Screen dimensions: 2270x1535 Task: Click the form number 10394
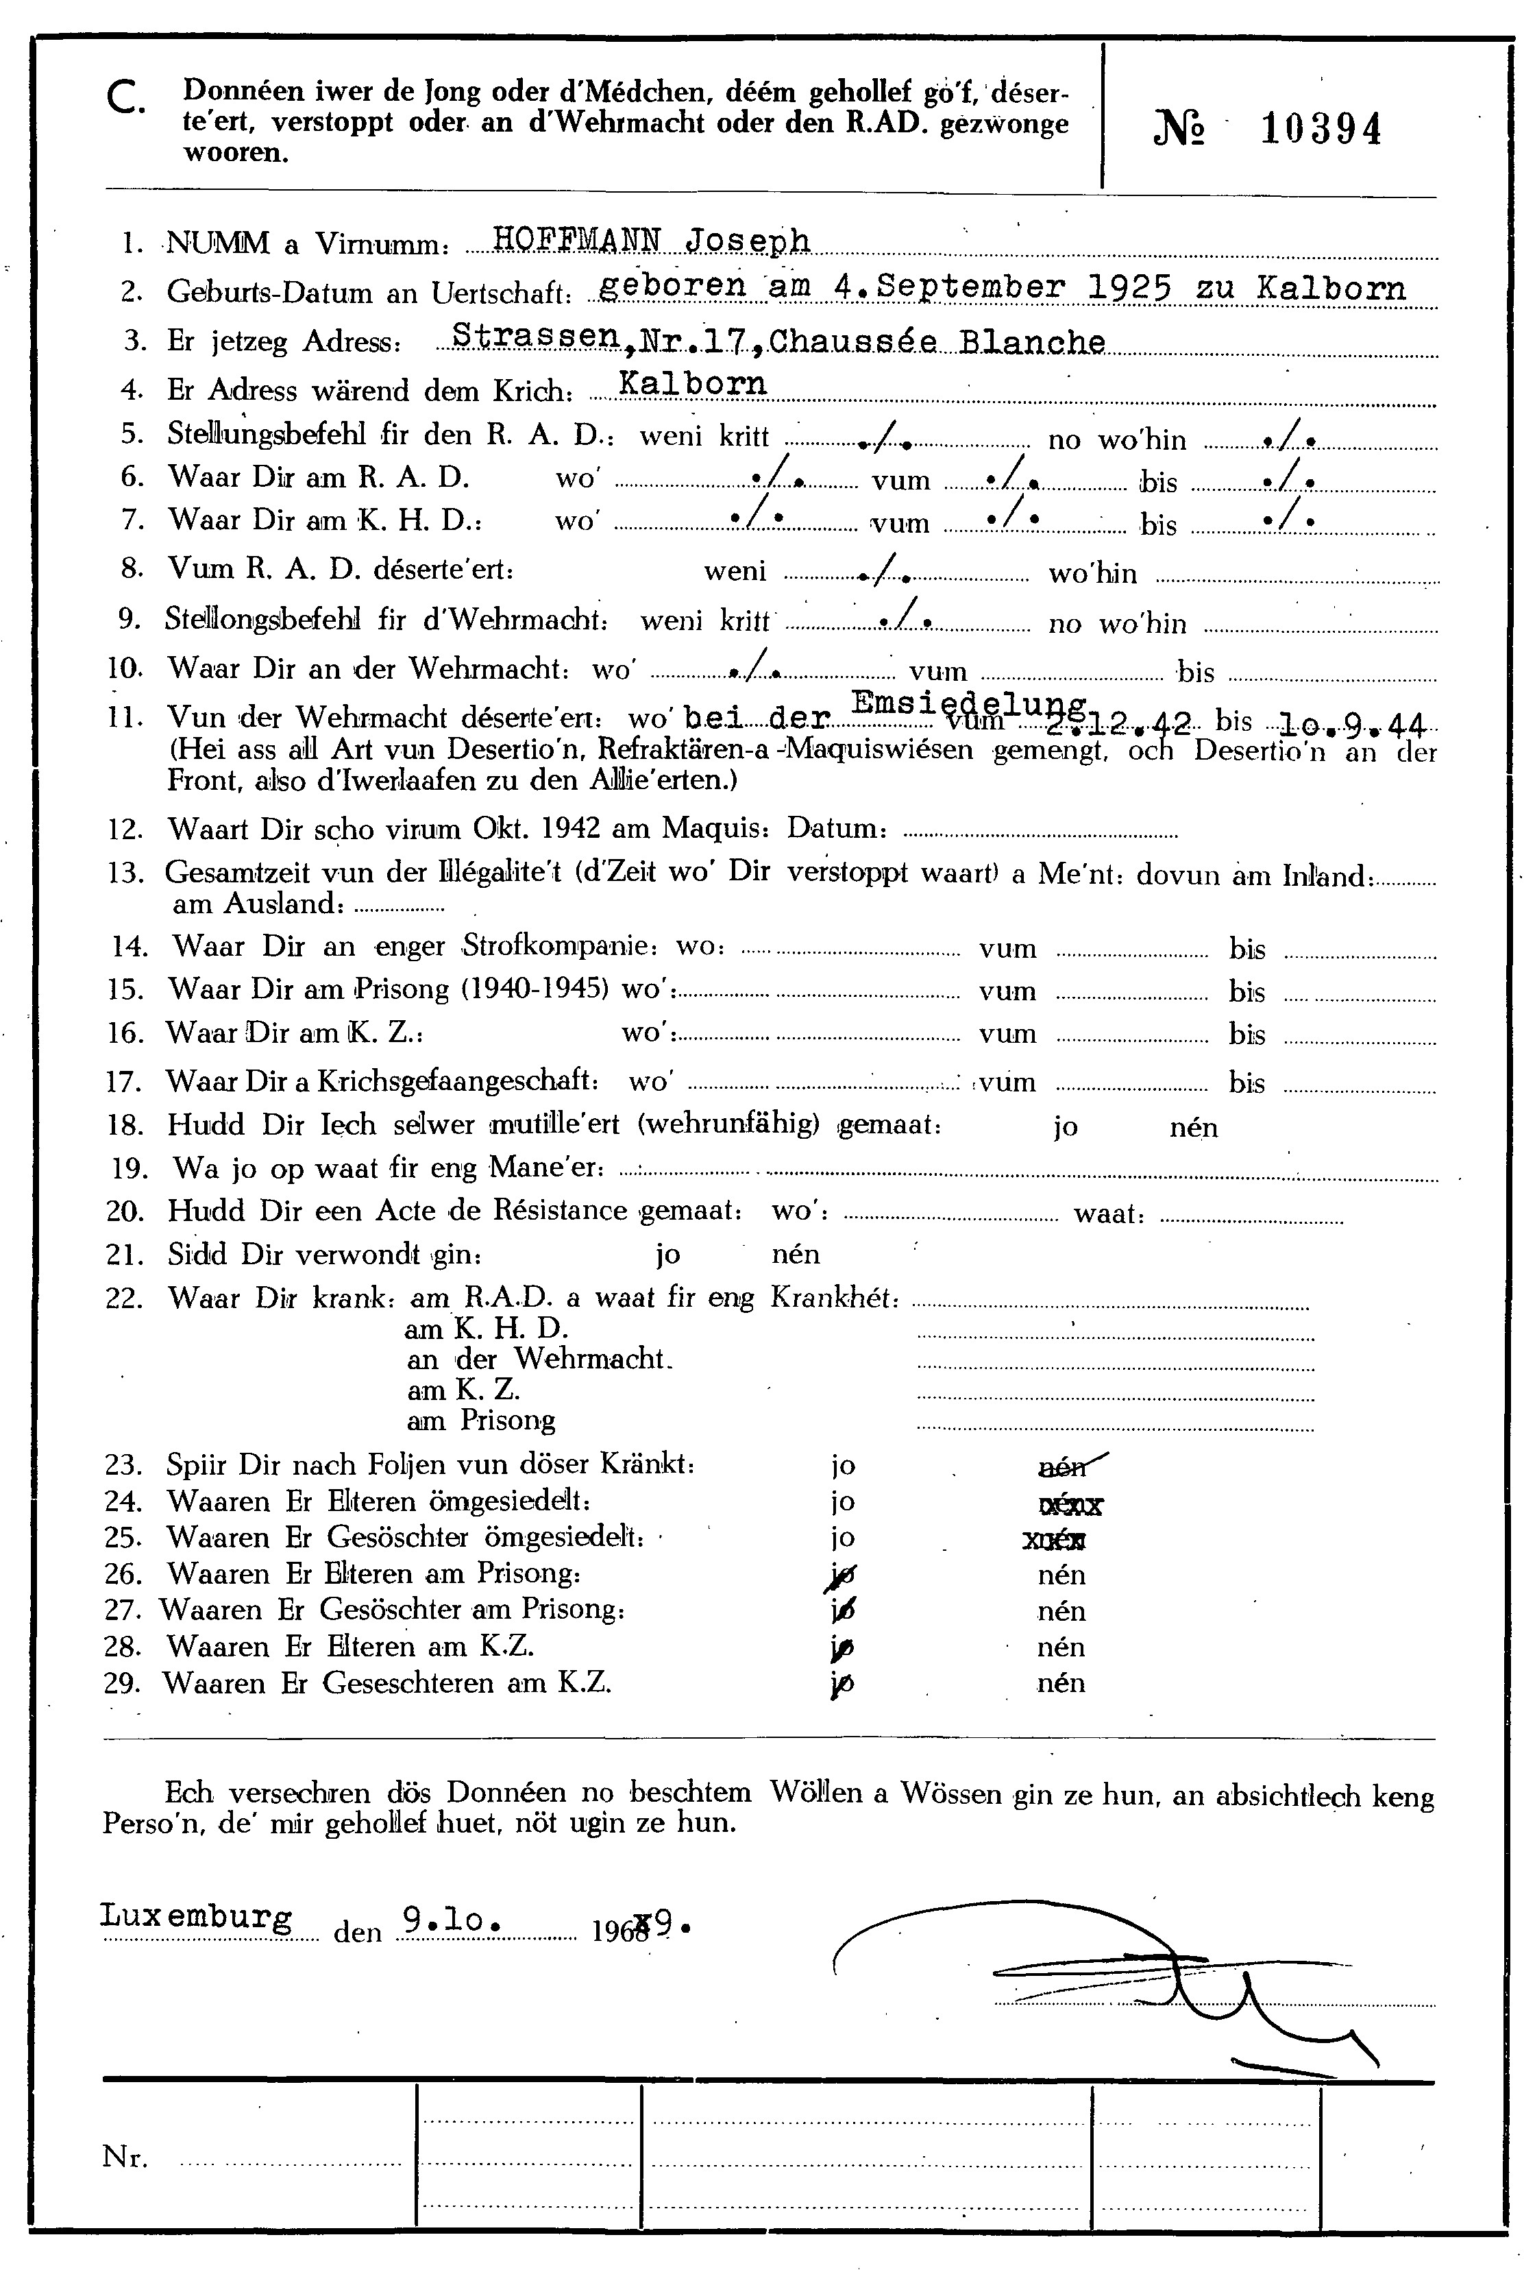1321,129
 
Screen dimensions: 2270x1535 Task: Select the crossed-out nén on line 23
1067,1465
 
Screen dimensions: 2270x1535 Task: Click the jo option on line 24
843,1501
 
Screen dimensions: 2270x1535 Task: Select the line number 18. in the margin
127,1125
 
